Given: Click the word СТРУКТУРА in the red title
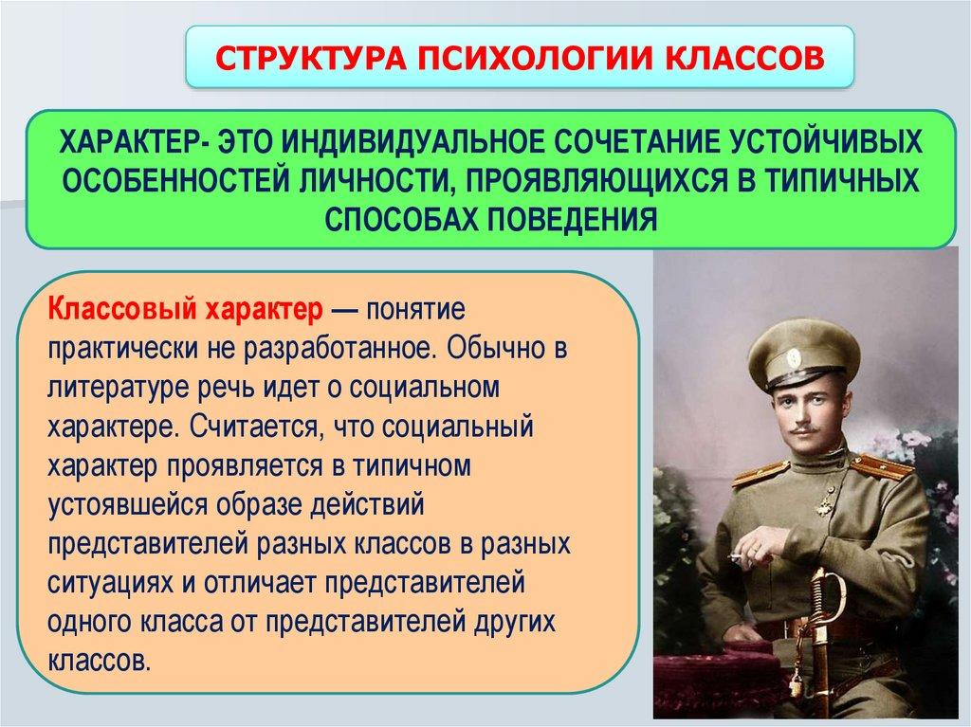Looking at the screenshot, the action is (311, 58).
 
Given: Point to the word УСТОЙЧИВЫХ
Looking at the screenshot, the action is (826, 142).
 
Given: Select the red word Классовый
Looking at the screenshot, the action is (119, 309).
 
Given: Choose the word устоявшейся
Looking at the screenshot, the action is (128, 504).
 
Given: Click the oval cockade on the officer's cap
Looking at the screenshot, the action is (794, 358).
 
